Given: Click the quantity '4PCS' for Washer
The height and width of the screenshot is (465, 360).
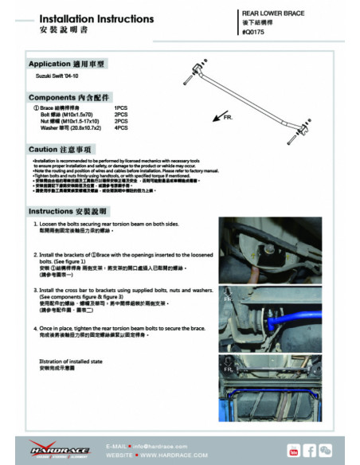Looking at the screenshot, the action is (x=121, y=127).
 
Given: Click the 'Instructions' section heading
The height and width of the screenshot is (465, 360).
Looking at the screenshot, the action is (x=67, y=211).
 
